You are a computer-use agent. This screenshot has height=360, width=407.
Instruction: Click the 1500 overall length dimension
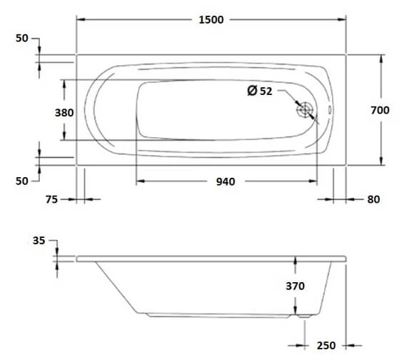click(211, 20)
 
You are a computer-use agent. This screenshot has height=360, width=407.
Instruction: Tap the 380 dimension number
click(46, 112)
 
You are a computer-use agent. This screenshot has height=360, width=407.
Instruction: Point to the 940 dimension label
click(225, 181)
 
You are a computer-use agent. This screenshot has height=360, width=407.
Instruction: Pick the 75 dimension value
click(51, 200)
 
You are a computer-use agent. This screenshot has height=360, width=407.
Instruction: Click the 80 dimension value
click(373, 200)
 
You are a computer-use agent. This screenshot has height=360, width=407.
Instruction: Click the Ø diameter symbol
click(251, 91)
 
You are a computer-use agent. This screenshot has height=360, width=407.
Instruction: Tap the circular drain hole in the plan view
click(306, 111)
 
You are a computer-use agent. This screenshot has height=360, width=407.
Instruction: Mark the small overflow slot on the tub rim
click(329, 111)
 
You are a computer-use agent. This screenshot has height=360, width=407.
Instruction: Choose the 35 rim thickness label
click(39, 241)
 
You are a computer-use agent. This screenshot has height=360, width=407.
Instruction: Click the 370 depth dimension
click(296, 286)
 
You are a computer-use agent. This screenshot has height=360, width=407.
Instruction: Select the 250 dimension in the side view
click(326, 346)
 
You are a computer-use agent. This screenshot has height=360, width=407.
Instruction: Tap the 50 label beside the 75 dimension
click(22, 181)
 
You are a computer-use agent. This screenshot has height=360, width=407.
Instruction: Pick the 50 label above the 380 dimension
click(22, 39)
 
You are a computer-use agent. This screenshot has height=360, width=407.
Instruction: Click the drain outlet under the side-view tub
click(298, 314)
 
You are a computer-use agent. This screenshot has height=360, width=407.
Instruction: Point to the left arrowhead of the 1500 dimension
click(80, 20)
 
